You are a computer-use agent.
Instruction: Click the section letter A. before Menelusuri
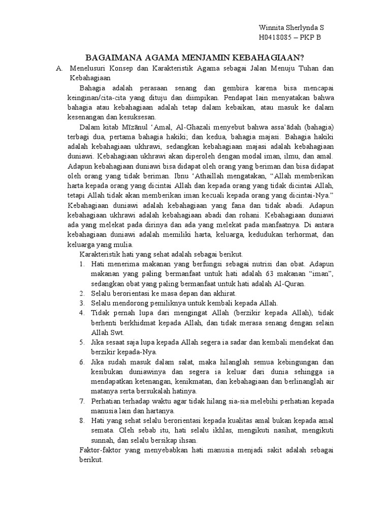59,68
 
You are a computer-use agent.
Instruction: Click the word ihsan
186,440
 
